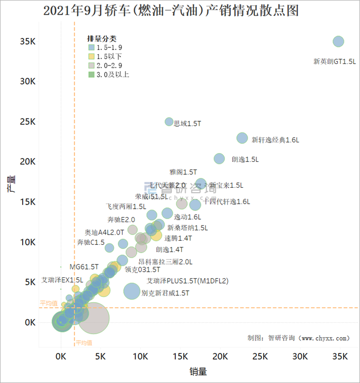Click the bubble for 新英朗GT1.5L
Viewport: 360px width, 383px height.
point(338,42)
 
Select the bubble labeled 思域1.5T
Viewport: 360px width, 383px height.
point(169,122)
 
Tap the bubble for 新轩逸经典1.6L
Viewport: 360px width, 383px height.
point(242,138)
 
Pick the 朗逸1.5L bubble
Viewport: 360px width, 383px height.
point(219,159)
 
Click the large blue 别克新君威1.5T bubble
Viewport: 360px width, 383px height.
point(132,291)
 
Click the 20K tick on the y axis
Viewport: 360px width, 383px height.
point(27,162)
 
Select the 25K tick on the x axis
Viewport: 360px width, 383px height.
point(259,356)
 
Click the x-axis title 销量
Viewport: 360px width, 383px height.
point(198,371)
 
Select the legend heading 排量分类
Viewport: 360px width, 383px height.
point(102,39)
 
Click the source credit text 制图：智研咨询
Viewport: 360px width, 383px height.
point(298,338)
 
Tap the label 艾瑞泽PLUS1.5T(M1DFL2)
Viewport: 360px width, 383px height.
point(187,281)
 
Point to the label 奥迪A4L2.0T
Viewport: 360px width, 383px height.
point(104,232)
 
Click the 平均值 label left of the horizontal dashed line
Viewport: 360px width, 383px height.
point(48,304)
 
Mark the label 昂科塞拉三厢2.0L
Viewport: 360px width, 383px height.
point(165,262)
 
